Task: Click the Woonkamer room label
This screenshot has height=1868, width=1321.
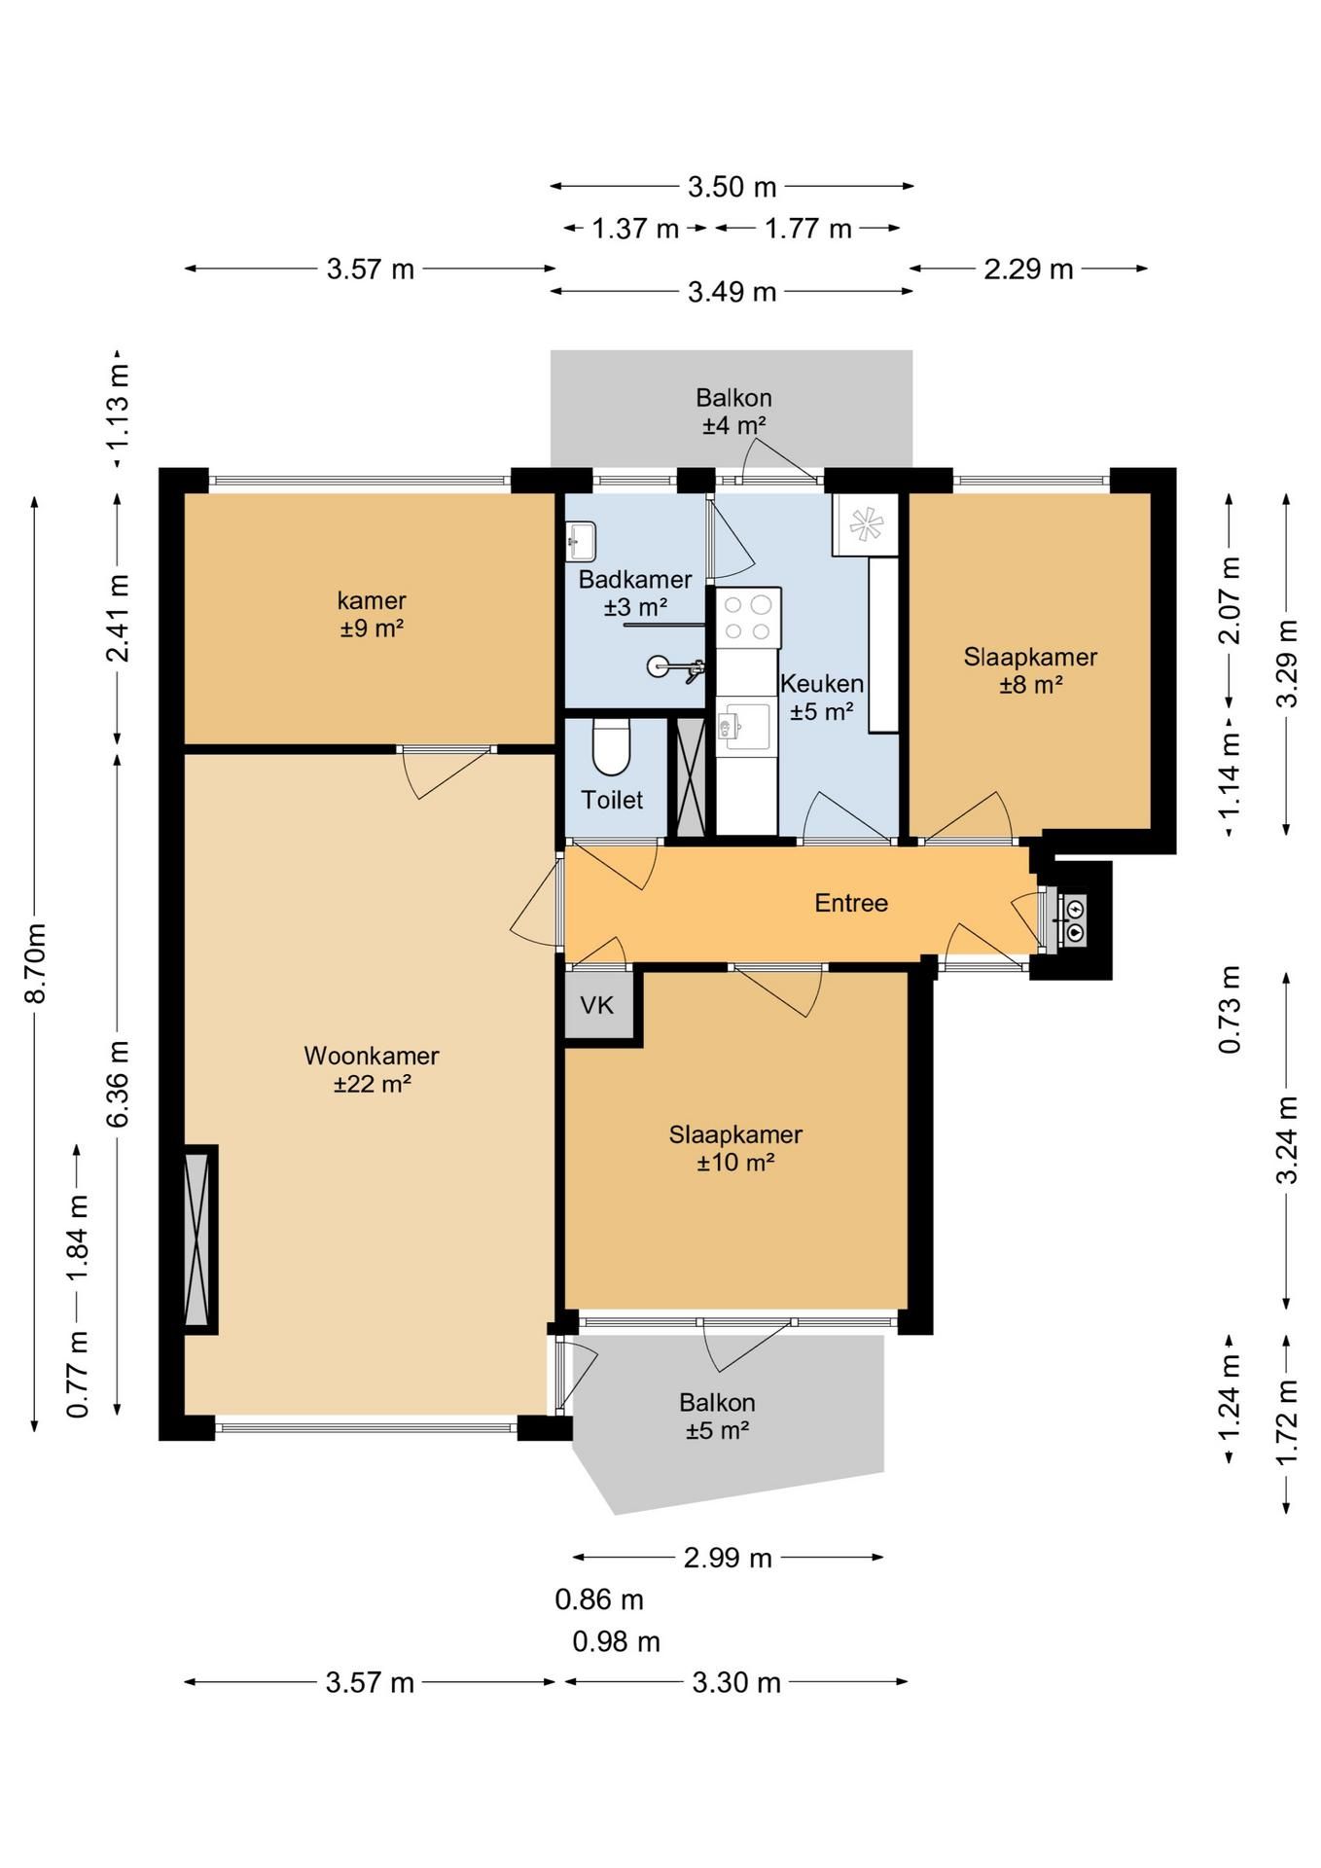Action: pyautogui.click(x=372, y=1069)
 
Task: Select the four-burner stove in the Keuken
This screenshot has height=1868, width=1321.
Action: pyautogui.click(x=748, y=618)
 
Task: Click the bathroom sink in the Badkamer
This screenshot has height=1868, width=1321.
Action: pyautogui.click(x=581, y=542)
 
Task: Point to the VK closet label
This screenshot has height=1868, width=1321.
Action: pyautogui.click(x=597, y=1005)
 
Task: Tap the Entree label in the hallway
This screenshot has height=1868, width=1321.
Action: pyautogui.click(x=851, y=903)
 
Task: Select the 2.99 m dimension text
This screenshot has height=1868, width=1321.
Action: pyautogui.click(x=728, y=1558)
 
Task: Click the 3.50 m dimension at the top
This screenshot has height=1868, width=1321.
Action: pyautogui.click(x=732, y=186)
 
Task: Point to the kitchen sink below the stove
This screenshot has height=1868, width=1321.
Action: pyautogui.click(x=744, y=725)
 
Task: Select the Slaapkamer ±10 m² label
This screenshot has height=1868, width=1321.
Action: pyautogui.click(x=735, y=1148)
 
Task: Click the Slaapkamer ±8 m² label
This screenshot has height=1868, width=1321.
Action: pyautogui.click(x=1030, y=670)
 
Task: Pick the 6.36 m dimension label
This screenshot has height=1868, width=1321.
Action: pyautogui.click(x=118, y=1084)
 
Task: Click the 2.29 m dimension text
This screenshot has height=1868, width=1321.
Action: pyautogui.click(x=1028, y=269)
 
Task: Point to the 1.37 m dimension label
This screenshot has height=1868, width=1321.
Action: pyautogui.click(x=635, y=229)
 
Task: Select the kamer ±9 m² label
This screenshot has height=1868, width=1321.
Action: pyautogui.click(x=372, y=614)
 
